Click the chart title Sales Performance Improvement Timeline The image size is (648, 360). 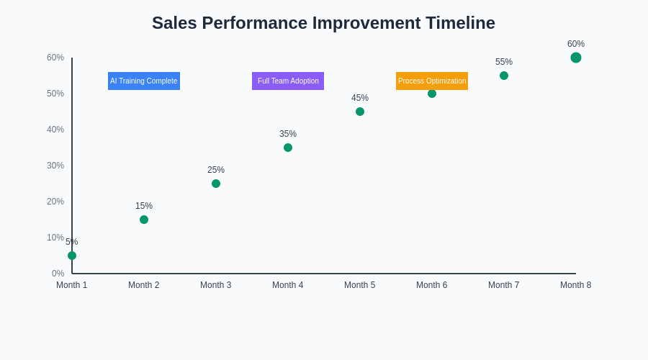point(323,23)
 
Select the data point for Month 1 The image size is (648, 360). point(72,256)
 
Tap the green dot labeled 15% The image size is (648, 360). point(144,220)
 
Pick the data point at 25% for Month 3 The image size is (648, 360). point(216,184)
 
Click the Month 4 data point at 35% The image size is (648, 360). point(288,148)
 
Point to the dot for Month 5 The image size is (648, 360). point(360,112)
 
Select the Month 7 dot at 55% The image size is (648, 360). point(504,76)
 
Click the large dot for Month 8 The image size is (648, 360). point(576,58)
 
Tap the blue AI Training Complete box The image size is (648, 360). point(144,81)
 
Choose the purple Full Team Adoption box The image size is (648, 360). point(288,81)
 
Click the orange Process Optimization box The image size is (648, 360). point(432,81)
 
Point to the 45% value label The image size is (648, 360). point(360,98)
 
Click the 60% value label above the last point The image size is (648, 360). point(576,44)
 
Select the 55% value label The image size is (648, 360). point(504,62)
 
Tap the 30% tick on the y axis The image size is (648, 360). point(55,166)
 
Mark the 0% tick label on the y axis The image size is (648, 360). point(58,274)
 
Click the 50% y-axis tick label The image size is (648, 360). point(55,94)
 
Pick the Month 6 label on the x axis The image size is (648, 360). point(432,285)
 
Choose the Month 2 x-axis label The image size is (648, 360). point(144,285)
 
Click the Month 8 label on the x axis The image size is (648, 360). point(576,285)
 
